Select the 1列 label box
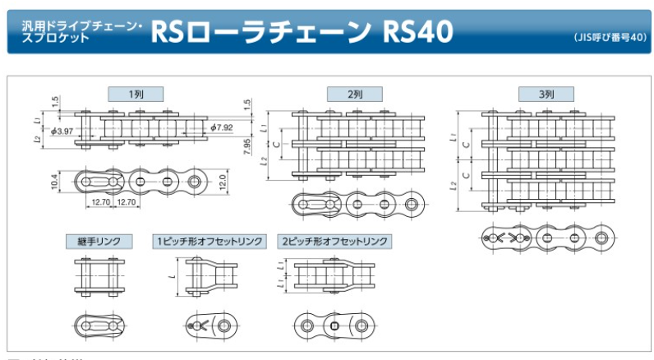[x=137, y=95]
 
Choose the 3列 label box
[x=547, y=95]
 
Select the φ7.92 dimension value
[x=222, y=127]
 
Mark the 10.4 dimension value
[x=54, y=179]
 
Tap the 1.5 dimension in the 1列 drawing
[x=54, y=102]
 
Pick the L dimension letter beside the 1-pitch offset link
[x=174, y=276]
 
